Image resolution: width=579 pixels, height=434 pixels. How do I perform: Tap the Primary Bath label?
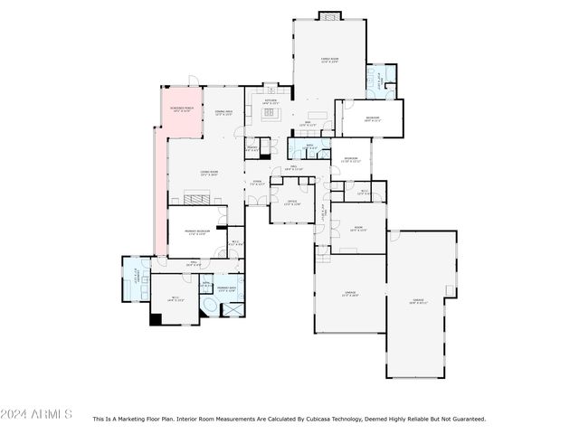pyautogui.click(x=226, y=288)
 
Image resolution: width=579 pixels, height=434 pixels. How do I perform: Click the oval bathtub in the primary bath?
pyautogui.click(x=209, y=309)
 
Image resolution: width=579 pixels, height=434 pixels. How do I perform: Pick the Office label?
pyautogui.click(x=292, y=203)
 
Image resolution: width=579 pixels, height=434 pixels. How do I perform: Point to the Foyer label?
pyautogui.click(x=257, y=184)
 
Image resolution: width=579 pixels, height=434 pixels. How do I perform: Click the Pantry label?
pyautogui.click(x=252, y=149)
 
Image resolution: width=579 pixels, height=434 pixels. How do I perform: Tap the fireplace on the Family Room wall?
pyautogui.click(x=328, y=15)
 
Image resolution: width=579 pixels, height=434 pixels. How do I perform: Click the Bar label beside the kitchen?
pyautogui.click(x=308, y=123)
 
